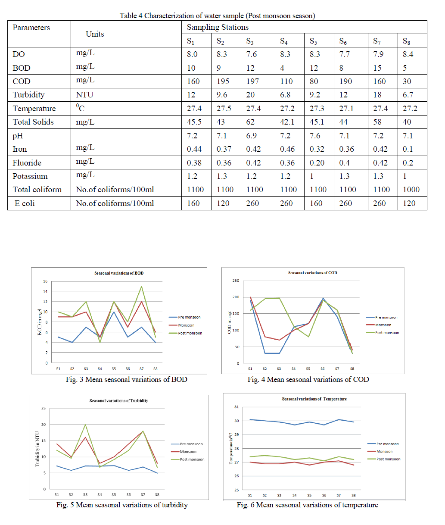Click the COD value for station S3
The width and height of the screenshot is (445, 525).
tap(252, 81)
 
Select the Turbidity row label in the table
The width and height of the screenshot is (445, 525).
tap(28, 95)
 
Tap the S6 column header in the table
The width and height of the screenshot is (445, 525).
tap(343, 41)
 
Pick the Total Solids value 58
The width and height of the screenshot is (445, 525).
tap(377, 122)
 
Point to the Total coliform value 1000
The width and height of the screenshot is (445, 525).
tap(411, 190)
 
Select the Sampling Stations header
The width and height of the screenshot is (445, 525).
tap(218, 27)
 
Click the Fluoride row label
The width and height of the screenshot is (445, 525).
tap(27, 163)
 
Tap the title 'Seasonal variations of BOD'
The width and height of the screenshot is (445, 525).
tap(119, 273)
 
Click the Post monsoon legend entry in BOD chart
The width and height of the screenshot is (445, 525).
tap(190, 333)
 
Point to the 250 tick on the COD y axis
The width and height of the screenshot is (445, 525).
tap(236, 281)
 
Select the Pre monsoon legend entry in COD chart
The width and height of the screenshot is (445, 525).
tap(386, 317)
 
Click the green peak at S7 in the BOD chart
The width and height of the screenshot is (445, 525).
tap(141, 286)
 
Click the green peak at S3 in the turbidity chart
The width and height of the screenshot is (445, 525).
tap(85, 425)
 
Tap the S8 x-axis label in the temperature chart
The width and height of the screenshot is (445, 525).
tap(354, 495)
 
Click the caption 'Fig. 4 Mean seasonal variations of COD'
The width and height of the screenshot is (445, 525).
tap(308, 379)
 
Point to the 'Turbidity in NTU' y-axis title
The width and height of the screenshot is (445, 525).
tap(37, 449)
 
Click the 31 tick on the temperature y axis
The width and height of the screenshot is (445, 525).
tap(237, 407)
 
